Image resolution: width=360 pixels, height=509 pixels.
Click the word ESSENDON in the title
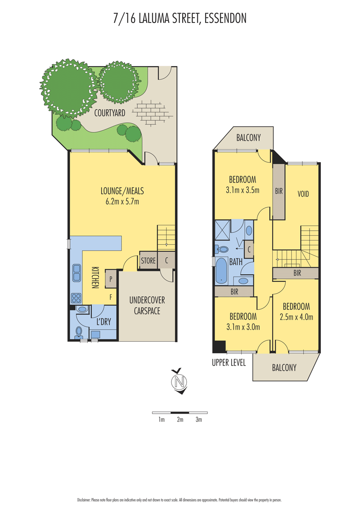click(x=225, y=18)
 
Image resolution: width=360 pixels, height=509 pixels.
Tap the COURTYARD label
click(x=110, y=113)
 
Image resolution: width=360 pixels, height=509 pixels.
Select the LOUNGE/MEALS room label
click(x=122, y=191)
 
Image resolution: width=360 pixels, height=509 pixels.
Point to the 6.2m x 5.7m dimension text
click(x=122, y=201)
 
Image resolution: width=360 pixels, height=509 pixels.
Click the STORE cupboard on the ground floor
click(x=148, y=260)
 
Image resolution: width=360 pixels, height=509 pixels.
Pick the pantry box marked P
click(x=111, y=279)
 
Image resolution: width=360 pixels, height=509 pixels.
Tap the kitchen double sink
click(x=76, y=272)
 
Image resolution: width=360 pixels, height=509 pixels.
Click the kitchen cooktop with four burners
click(x=76, y=298)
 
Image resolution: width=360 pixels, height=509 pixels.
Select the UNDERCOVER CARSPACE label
click(x=147, y=305)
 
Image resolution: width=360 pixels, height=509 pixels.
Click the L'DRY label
click(x=103, y=321)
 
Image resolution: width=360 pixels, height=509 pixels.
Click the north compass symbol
click(x=180, y=381)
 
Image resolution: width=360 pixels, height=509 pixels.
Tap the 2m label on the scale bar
click(x=180, y=420)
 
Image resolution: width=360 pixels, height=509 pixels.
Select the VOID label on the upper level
click(x=303, y=194)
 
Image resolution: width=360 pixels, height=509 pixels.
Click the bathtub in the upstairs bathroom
click(x=221, y=271)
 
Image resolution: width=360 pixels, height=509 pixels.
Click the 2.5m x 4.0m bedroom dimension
click(x=296, y=317)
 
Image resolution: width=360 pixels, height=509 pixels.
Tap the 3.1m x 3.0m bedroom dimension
click(x=243, y=327)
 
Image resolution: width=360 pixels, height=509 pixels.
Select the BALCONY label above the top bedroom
click(x=248, y=138)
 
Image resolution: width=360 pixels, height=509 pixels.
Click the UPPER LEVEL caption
click(x=229, y=362)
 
